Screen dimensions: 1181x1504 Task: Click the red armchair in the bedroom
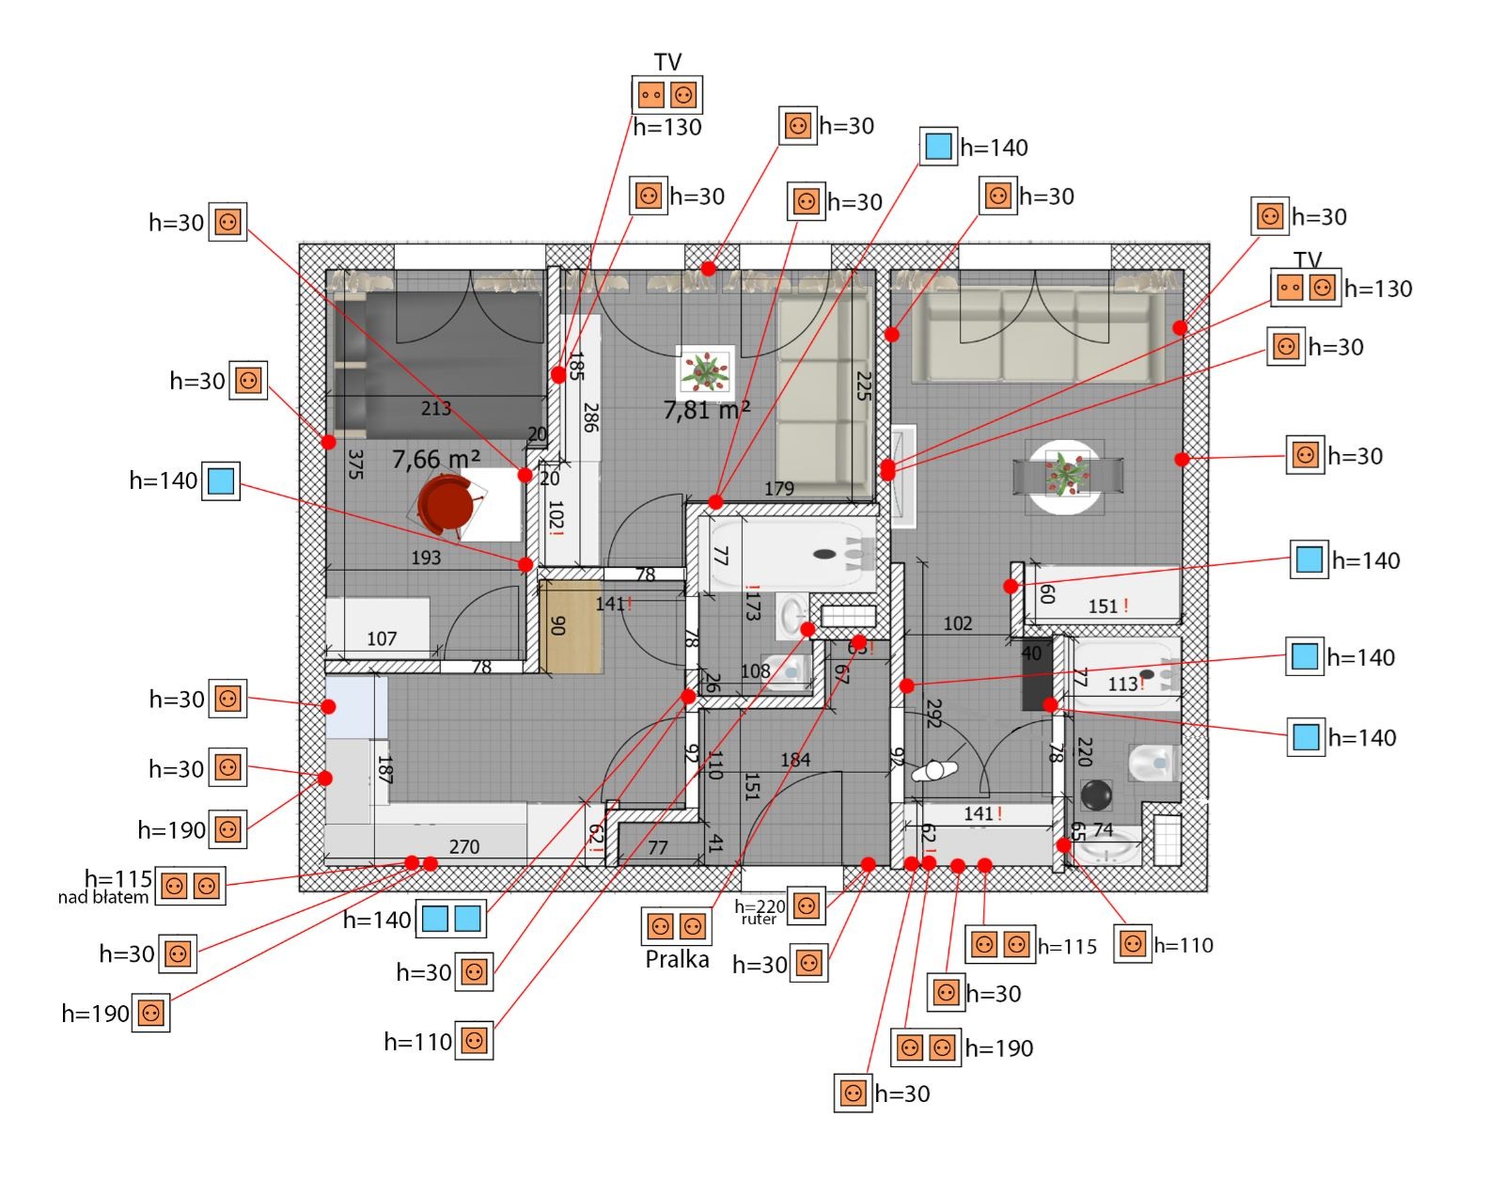[446, 504]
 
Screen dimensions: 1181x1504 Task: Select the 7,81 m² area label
[707, 410]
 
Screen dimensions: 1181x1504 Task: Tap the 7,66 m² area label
[436, 459]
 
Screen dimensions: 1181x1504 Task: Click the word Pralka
[677, 959]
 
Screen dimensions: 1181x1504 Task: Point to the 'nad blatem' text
[103, 897]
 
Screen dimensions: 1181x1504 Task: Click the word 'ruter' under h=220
[759, 919]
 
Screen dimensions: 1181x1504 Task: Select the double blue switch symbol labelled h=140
[451, 919]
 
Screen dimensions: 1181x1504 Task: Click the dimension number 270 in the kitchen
[464, 846]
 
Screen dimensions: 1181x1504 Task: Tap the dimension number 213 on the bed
[436, 408]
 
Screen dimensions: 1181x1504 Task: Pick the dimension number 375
[355, 464]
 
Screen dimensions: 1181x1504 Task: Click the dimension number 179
[779, 488]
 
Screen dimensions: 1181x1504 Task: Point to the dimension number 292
[933, 712]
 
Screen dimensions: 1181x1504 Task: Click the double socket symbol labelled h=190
[926, 1047]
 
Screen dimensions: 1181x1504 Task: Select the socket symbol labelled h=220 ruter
[807, 905]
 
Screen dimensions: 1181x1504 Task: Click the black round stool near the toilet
[1096, 795]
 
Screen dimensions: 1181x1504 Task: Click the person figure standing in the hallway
[933, 771]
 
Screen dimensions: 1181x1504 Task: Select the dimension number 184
[795, 759]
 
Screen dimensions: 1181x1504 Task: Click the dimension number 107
[382, 638]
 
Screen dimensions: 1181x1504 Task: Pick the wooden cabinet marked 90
[571, 626]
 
